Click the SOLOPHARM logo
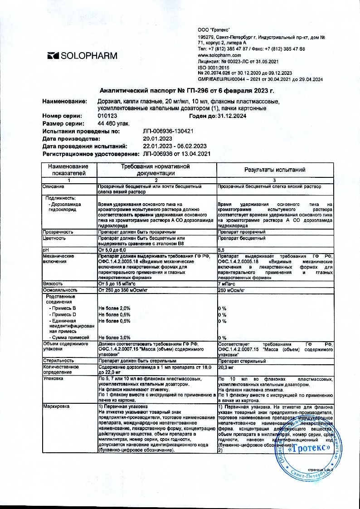click(82, 56)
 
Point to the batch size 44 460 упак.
click(113, 123)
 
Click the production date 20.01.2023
click(158, 138)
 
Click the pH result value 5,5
click(221, 250)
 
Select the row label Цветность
click(54, 238)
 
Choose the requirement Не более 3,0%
click(115, 337)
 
